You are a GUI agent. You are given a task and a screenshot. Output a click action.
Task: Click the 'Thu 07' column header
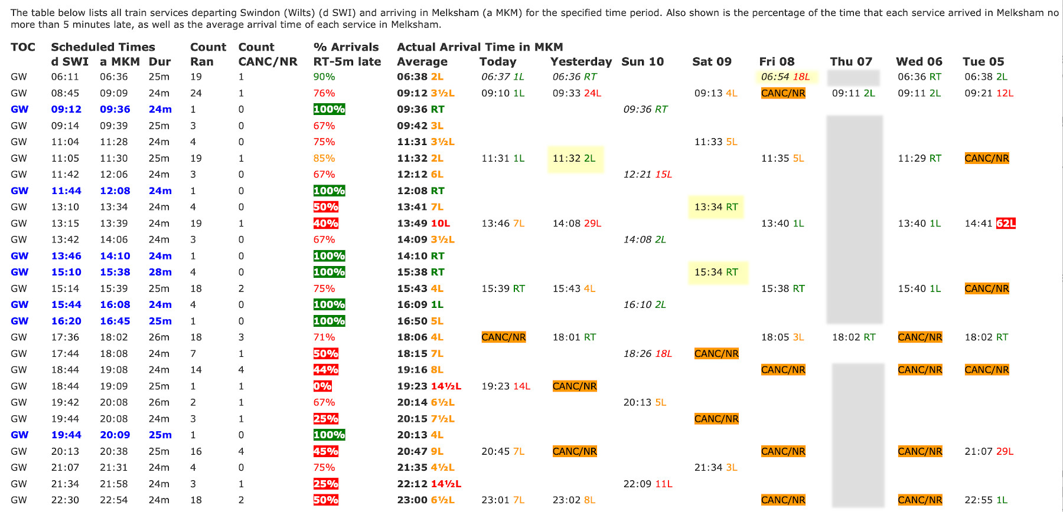click(x=850, y=61)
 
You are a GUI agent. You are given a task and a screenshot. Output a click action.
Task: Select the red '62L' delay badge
click(x=1006, y=224)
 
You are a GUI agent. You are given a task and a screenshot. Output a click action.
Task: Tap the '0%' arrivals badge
click(x=322, y=386)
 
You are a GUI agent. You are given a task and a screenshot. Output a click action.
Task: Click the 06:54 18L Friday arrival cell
click(x=785, y=77)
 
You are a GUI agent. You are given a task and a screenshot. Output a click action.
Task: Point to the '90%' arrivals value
click(x=324, y=77)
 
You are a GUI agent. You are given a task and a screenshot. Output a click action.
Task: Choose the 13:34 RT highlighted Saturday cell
click(x=716, y=207)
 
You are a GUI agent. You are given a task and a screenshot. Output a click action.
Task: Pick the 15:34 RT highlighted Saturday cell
click(x=716, y=272)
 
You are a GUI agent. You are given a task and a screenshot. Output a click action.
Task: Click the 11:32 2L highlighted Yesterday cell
click(x=574, y=158)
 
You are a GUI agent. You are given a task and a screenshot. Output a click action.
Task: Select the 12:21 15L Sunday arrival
click(x=647, y=175)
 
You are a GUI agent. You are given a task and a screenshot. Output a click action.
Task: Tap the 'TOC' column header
click(x=23, y=47)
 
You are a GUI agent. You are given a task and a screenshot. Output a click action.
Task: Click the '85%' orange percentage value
click(x=324, y=158)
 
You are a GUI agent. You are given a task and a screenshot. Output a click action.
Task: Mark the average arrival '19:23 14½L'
click(x=429, y=386)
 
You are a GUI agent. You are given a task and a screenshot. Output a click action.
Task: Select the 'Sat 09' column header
click(x=712, y=61)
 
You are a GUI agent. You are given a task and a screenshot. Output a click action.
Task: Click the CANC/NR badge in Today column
click(x=503, y=337)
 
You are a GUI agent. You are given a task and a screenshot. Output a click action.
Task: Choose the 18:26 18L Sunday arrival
click(x=647, y=353)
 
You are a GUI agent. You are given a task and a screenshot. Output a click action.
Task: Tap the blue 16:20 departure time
click(x=66, y=321)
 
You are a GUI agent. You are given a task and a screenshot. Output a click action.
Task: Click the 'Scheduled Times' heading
click(x=103, y=47)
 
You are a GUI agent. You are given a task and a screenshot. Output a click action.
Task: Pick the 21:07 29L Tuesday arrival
click(x=989, y=451)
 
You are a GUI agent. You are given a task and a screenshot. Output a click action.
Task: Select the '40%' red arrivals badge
click(x=325, y=224)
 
